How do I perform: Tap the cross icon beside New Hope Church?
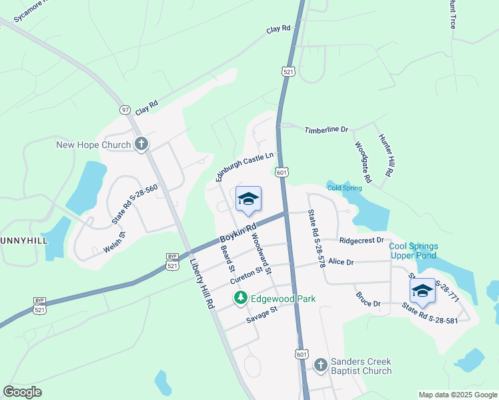(141, 144)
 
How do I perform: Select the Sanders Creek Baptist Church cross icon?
(320, 365)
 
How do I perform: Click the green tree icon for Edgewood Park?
(240, 299)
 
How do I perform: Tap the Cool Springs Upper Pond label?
(413, 251)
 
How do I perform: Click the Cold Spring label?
(344, 188)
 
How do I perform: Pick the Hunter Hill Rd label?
(385, 155)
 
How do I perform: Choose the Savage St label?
(261, 314)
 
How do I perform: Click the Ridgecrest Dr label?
(362, 240)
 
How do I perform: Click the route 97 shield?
(125, 109)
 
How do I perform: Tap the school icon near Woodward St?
(248, 199)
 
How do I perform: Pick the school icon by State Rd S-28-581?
(422, 291)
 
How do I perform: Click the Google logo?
(23, 392)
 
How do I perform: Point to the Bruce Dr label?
(368, 299)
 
